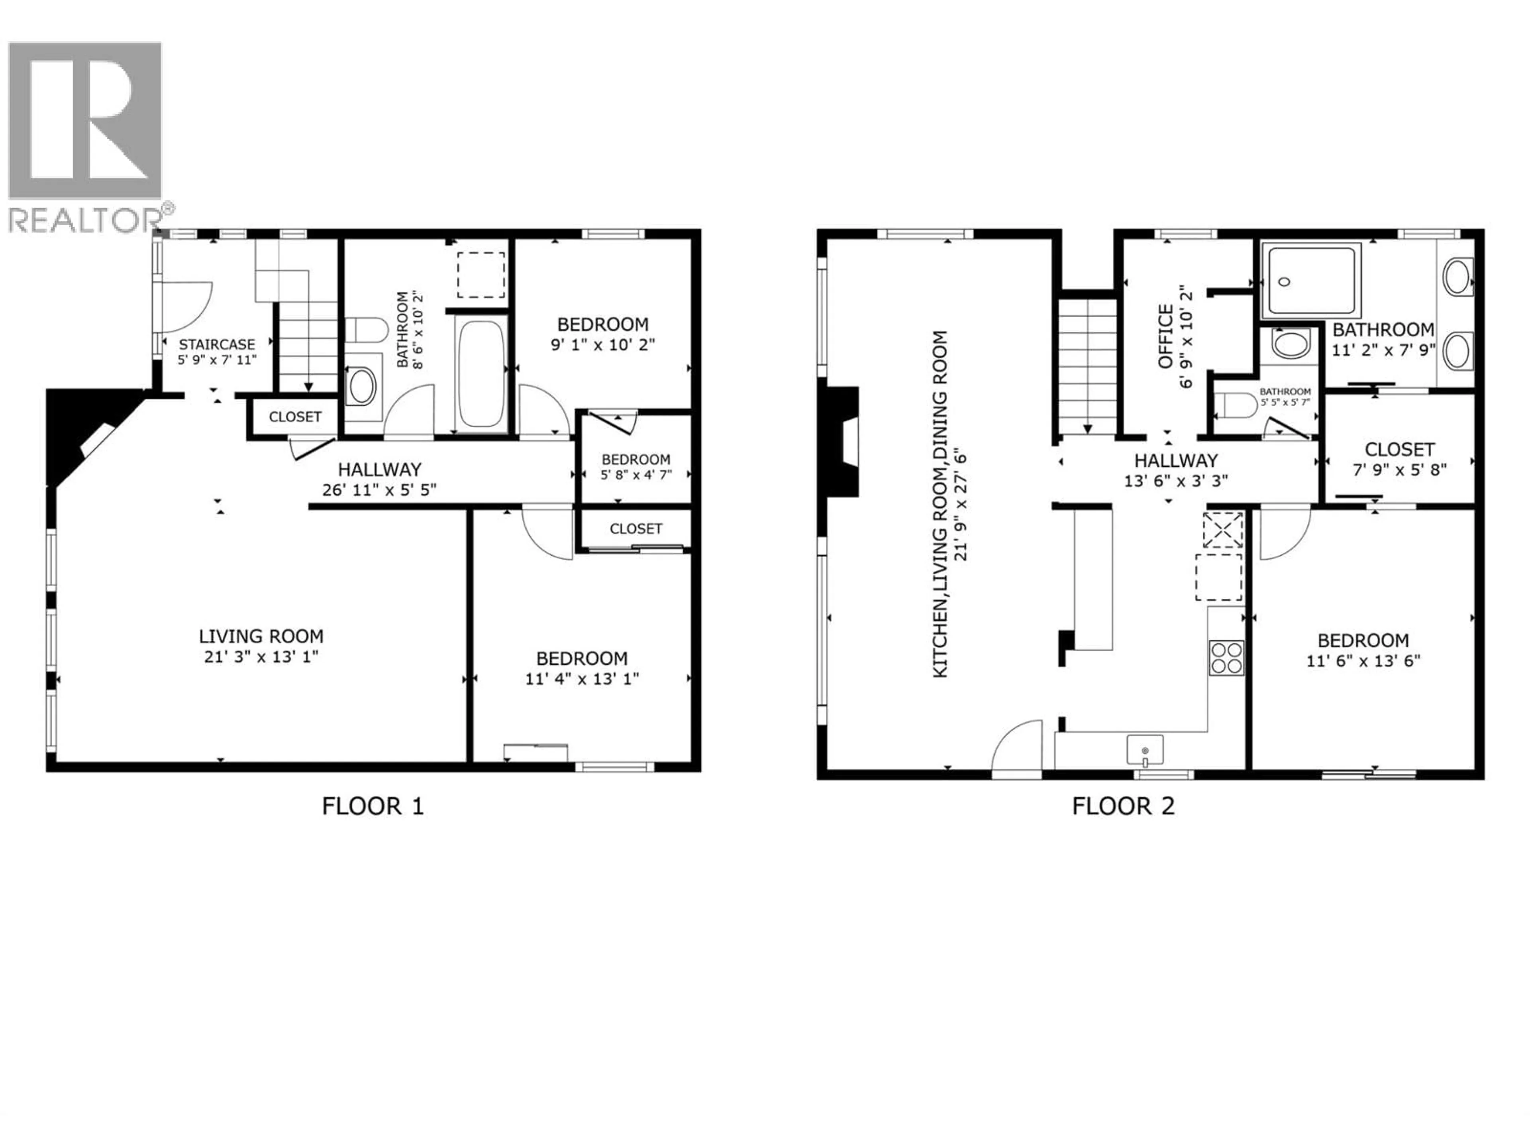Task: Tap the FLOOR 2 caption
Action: click(1123, 806)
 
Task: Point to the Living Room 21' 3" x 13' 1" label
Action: click(261, 646)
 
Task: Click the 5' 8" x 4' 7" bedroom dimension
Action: click(636, 476)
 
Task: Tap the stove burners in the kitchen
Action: click(1226, 657)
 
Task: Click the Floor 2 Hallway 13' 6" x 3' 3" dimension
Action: click(1176, 480)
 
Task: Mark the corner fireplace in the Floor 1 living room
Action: click(83, 432)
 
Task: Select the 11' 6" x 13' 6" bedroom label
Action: click(1363, 651)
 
